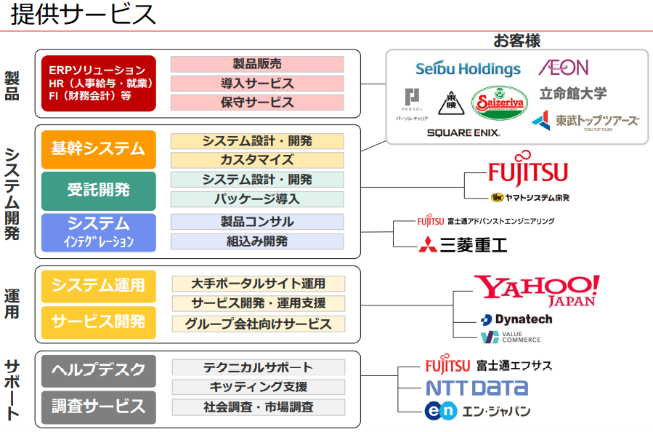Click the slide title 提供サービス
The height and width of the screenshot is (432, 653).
84,14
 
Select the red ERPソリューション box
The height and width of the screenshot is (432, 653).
99,83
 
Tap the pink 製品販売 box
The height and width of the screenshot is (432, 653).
257,64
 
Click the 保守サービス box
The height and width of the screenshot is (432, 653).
257,103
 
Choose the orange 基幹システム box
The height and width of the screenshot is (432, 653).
99,149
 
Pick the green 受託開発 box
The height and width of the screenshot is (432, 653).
99,191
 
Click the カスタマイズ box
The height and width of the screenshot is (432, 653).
257,160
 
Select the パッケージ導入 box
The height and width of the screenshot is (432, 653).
257,199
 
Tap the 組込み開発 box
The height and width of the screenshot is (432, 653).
257,241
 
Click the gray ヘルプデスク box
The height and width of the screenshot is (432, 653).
99,370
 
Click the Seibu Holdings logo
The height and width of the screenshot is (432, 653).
468,69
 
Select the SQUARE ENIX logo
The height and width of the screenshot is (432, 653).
463,132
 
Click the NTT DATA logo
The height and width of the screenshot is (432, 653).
476,388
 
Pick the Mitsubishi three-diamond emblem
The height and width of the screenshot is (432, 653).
428,244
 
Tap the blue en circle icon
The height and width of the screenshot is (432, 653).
441,411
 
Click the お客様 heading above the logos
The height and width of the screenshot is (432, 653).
516,40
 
